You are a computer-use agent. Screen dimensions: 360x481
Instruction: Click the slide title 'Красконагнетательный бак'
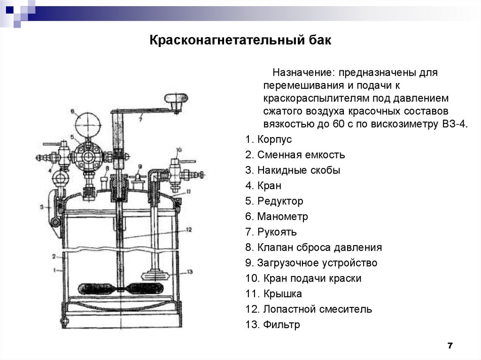pos(240,41)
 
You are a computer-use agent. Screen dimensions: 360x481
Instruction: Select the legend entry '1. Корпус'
pos(268,139)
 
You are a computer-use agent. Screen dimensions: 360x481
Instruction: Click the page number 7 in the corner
pos(450,346)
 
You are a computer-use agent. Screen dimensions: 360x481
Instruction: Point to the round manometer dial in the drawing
pos(88,123)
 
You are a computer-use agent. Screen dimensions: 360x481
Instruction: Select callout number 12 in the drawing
pos(189,230)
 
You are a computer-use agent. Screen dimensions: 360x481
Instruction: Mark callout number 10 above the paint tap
pos(178,150)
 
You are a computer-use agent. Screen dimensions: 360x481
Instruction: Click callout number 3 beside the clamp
pos(42,206)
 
